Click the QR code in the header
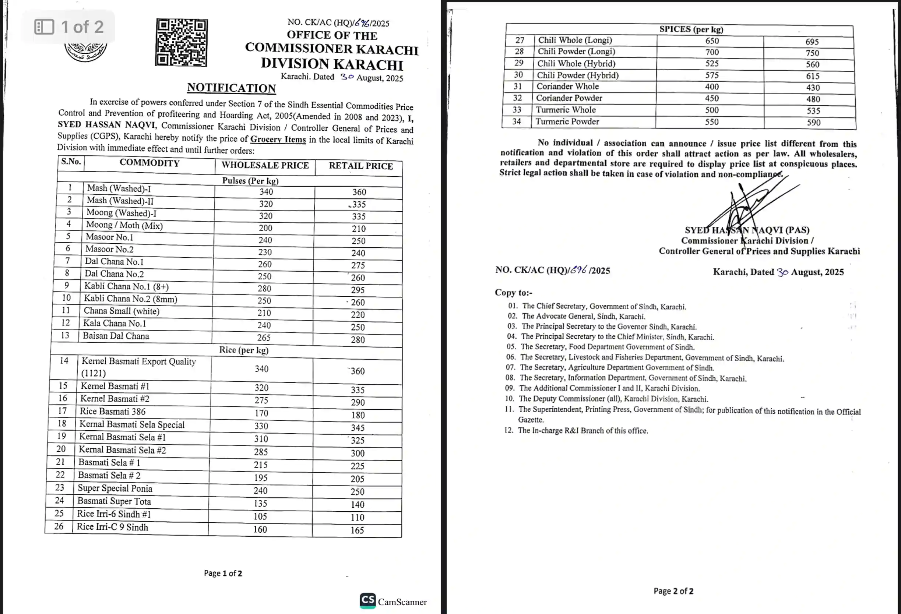pyautogui.click(x=182, y=42)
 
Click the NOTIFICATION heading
pyautogui.click(x=232, y=88)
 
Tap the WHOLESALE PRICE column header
pyautogui.click(x=265, y=165)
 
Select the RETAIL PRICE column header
pyautogui.click(x=360, y=166)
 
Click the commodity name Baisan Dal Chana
pyautogui.click(x=116, y=336)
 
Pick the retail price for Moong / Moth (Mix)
pyautogui.click(x=359, y=229)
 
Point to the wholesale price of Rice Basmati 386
pyautogui.click(x=261, y=413)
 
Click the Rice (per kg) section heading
pyautogui.click(x=244, y=350)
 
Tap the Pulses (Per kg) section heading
pyautogui.click(x=250, y=181)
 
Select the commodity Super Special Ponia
pyautogui.click(x=115, y=488)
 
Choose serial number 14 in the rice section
pyautogui.click(x=64, y=360)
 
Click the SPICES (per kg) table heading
pyautogui.click(x=691, y=29)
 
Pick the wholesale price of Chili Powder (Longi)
pyautogui.click(x=712, y=52)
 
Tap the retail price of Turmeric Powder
pyautogui.click(x=813, y=123)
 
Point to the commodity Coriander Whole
pyautogui.click(x=567, y=87)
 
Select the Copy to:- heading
pyautogui.click(x=514, y=293)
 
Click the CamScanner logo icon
pyautogui.click(x=367, y=600)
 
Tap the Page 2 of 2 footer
pyautogui.click(x=673, y=591)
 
